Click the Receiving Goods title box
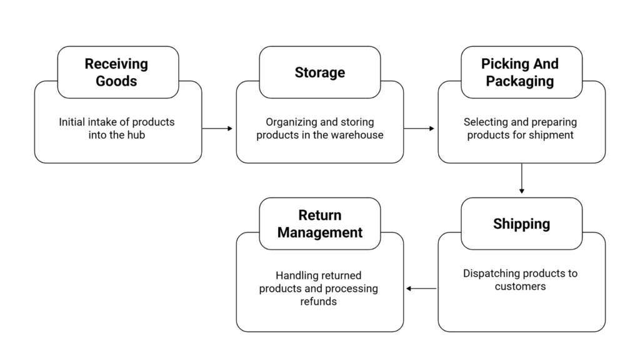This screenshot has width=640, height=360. pyautogui.click(x=117, y=72)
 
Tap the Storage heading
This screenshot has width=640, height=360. pyautogui.click(x=319, y=72)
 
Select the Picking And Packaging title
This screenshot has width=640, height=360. pyautogui.click(x=520, y=72)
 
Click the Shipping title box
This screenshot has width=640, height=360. pyautogui.click(x=521, y=224)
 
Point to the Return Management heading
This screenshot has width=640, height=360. pyautogui.click(x=319, y=224)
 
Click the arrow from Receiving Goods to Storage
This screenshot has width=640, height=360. pyautogui.click(x=217, y=128)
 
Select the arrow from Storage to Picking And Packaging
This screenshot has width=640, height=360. pyautogui.click(x=419, y=128)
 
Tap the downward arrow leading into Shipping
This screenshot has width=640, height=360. pyautogui.click(x=521, y=179)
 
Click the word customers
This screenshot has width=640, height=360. pyautogui.click(x=520, y=286)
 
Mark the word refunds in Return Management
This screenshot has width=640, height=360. pyautogui.click(x=319, y=301)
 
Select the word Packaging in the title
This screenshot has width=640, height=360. pyautogui.click(x=520, y=81)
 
